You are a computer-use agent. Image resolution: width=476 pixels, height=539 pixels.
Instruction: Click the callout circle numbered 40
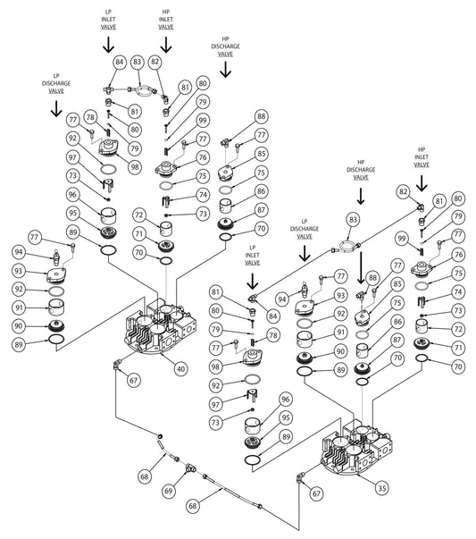coord(180,369)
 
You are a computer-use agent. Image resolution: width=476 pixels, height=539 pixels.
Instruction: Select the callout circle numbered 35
coord(382,488)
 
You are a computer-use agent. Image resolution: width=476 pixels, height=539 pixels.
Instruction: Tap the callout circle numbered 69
coord(168,491)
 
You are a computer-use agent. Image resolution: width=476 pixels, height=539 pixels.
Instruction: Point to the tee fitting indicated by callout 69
coord(190,467)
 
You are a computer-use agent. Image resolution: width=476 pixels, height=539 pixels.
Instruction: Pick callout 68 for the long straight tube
coord(193,506)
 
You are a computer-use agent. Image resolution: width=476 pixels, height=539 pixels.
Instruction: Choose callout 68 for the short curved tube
coord(145,476)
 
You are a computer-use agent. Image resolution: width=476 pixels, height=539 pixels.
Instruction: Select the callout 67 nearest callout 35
coord(316,493)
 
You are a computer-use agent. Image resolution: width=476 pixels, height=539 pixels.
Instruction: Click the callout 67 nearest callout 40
coord(133,380)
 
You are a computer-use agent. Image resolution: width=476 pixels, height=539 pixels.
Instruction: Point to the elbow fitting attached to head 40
coord(116,365)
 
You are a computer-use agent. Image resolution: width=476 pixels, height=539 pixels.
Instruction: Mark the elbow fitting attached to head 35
coord(299,478)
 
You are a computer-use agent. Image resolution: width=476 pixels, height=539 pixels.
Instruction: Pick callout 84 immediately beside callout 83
coord(119,63)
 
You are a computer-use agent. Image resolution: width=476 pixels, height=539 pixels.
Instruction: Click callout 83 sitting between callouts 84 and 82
coord(137,63)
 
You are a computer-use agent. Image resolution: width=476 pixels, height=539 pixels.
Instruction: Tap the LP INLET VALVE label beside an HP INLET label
coord(109,20)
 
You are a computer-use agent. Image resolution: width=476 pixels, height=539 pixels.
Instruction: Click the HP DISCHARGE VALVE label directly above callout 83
coord(361,170)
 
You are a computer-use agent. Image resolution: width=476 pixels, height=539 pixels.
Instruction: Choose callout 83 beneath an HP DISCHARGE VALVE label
coord(354,219)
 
